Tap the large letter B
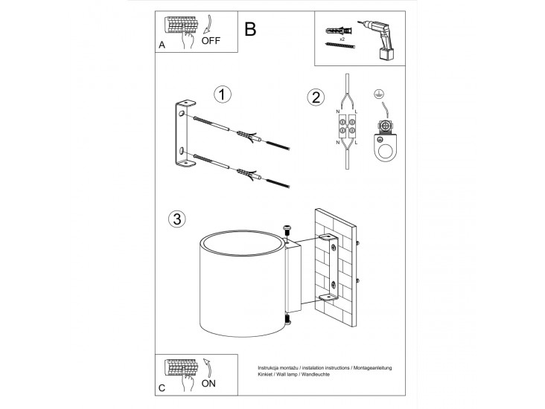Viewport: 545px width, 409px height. (250, 29)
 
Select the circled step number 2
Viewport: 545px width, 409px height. (316, 97)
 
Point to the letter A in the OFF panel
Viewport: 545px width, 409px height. (162, 45)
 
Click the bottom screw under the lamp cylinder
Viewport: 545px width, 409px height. (287, 319)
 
